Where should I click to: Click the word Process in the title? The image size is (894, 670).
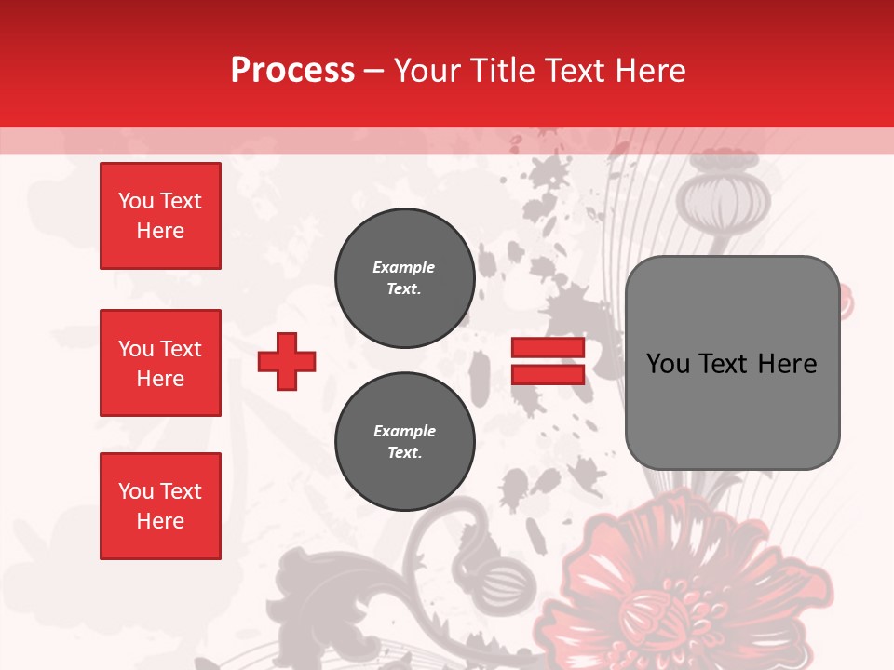click(x=292, y=71)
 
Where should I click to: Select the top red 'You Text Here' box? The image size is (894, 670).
click(x=160, y=216)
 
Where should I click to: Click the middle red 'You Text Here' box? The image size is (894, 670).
click(x=160, y=363)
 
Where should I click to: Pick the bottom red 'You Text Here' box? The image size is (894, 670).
click(x=160, y=506)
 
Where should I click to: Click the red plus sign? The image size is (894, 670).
click(x=287, y=361)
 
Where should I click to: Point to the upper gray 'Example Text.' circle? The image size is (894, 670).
click(x=405, y=278)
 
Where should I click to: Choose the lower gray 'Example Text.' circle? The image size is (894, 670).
click(x=405, y=442)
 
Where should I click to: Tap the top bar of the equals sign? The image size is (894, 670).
click(x=548, y=348)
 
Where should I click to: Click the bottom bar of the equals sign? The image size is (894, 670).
click(x=548, y=374)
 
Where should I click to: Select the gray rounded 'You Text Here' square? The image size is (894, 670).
click(x=732, y=363)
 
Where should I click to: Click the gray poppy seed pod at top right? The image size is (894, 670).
click(x=720, y=197)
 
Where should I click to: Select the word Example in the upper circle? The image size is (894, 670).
click(x=404, y=267)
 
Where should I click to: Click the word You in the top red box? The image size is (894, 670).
click(x=136, y=201)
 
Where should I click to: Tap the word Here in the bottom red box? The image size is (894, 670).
click(x=160, y=521)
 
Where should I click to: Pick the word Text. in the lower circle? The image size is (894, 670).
click(x=405, y=453)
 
